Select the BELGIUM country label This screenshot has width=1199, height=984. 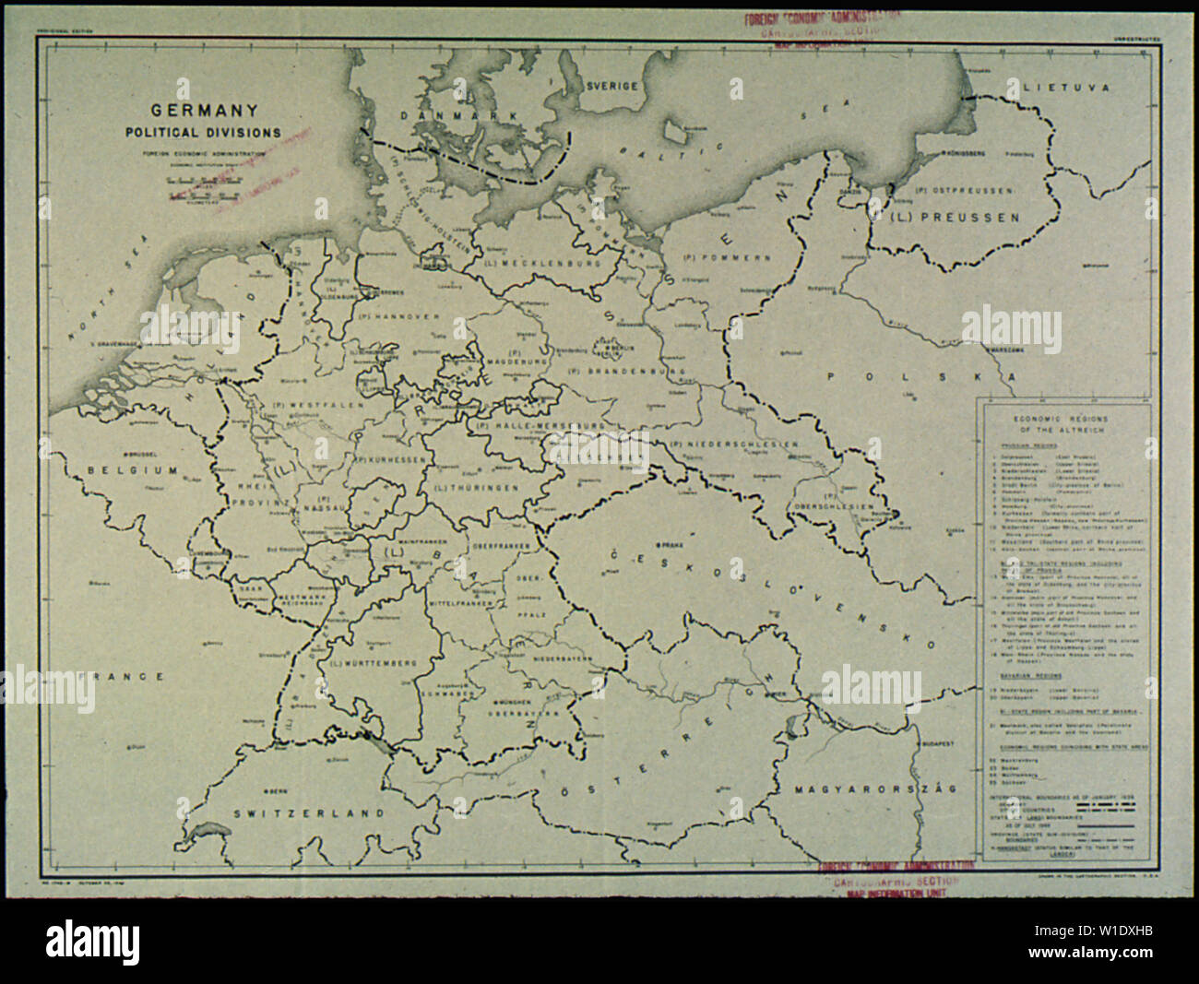pos(132,470)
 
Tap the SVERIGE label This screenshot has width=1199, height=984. pos(612,85)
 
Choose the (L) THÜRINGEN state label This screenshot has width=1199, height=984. pos(476,486)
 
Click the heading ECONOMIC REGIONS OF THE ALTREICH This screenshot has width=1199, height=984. pos(1060,423)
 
